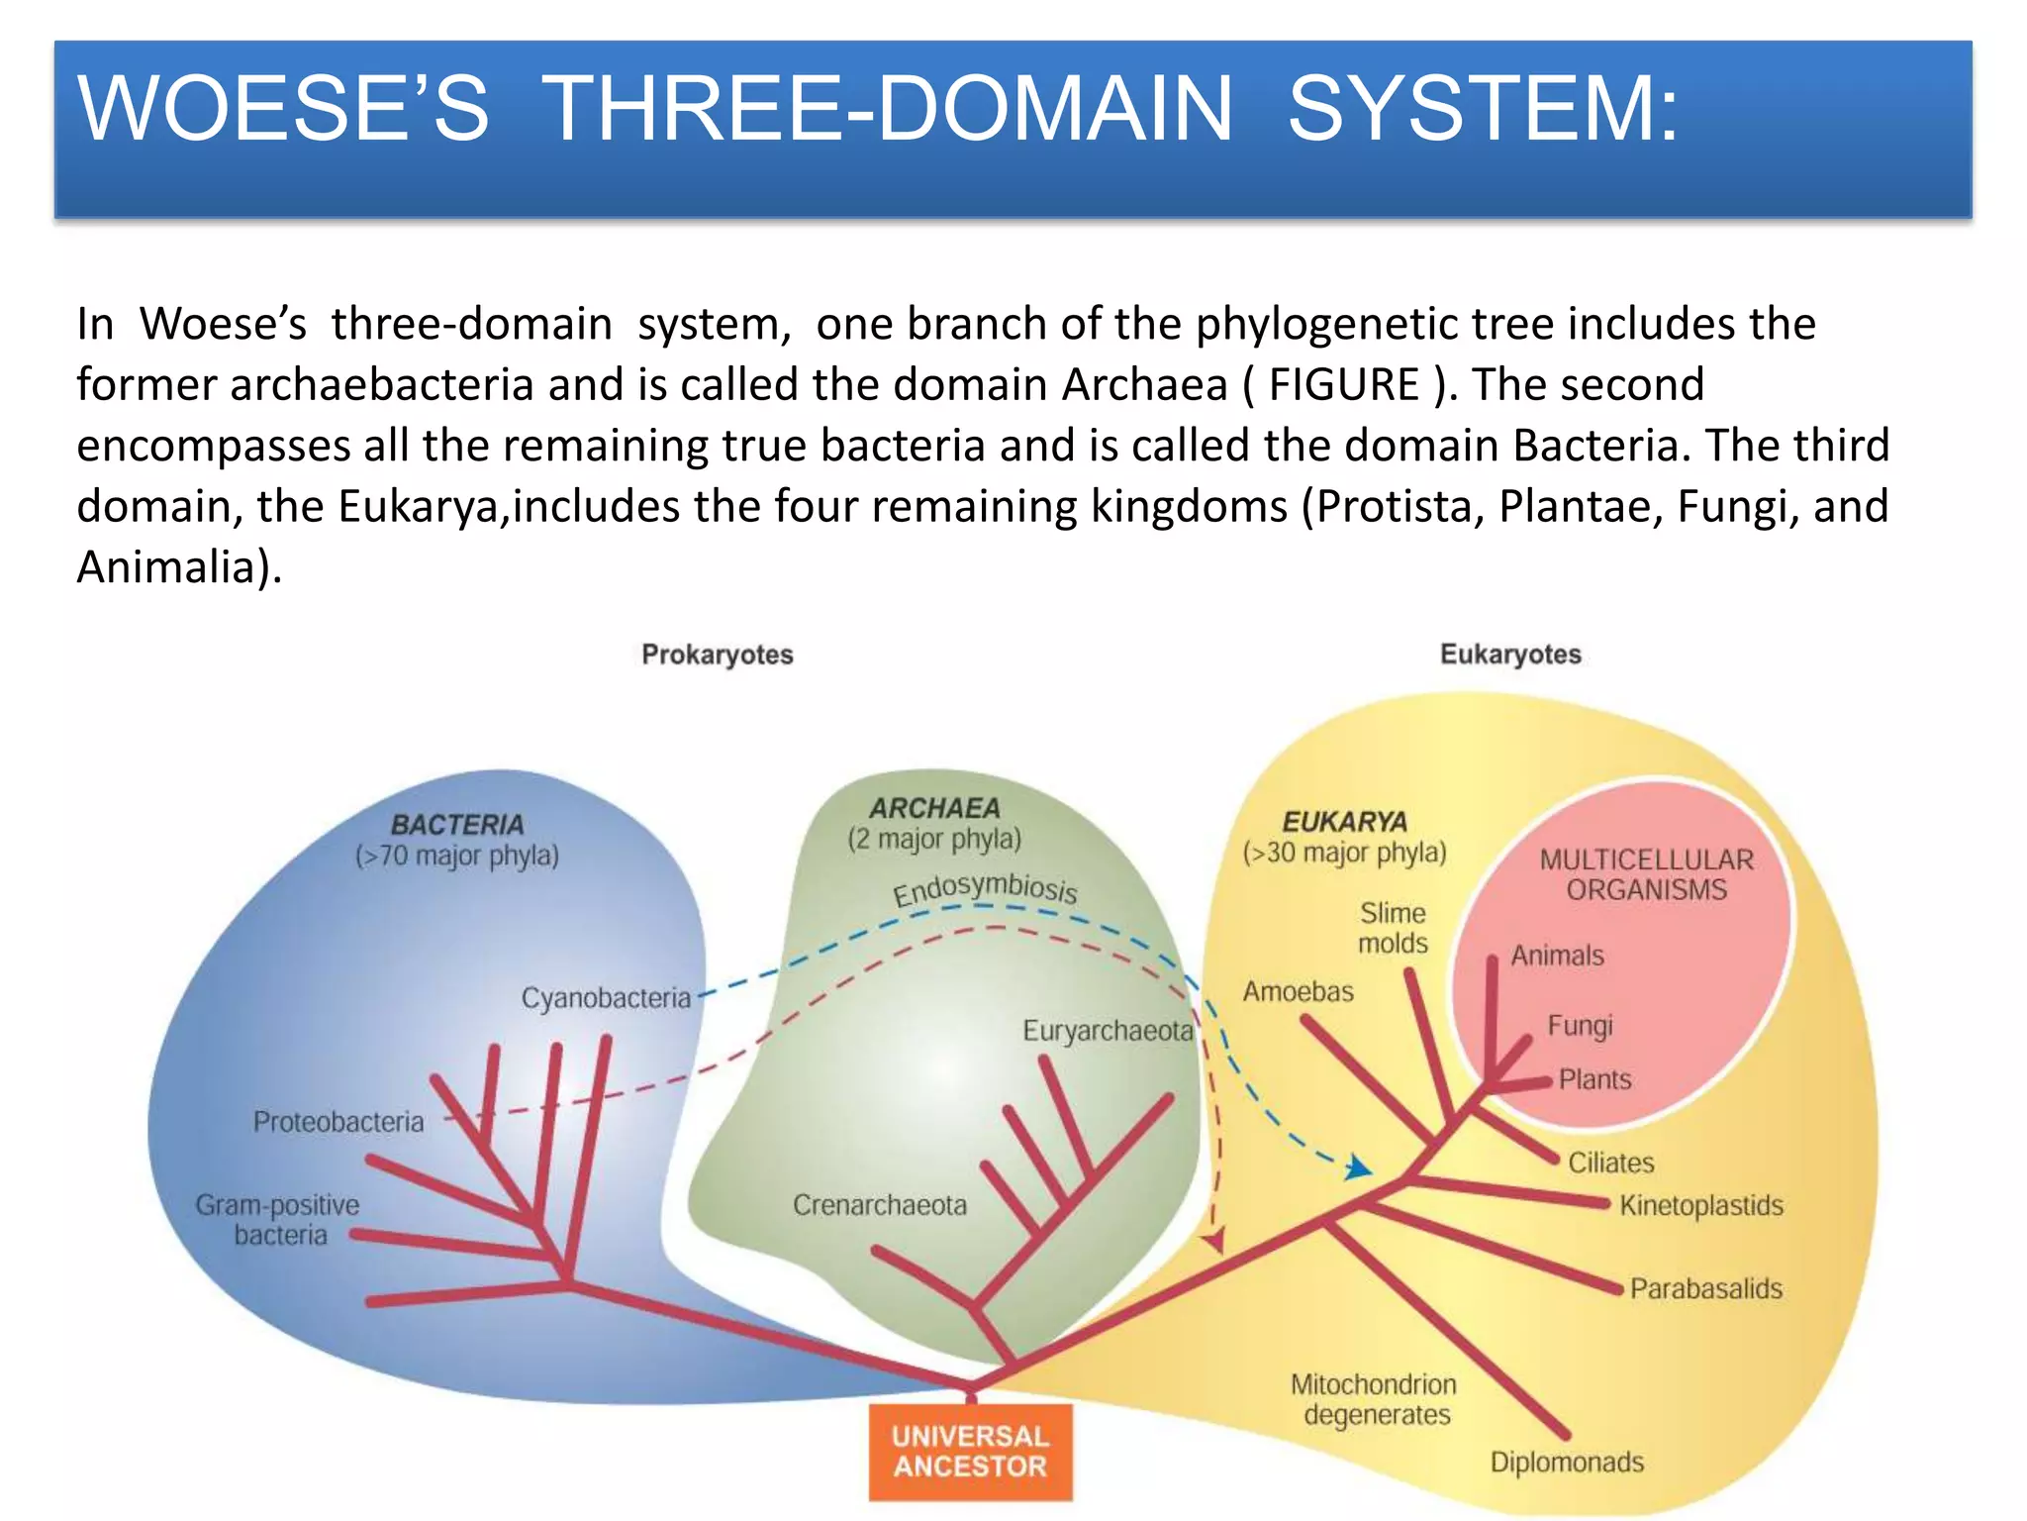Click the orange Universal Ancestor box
(970, 1452)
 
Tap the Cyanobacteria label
(606, 998)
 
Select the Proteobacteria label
(338, 1122)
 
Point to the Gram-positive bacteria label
(278, 1220)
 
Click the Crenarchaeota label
(880, 1205)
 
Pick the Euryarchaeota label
(1108, 1031)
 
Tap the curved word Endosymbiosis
(985, 887)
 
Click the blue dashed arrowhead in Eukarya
(1359, 1169)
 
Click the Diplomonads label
(1567, 1463)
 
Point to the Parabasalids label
(1705, 1288)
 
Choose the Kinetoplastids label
(1701, 1205)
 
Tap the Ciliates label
(1610, 1163)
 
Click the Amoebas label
(1298, 991)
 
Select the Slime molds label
(1393, 928)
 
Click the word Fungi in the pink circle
(1580, 1025)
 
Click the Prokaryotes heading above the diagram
(718, 655)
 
